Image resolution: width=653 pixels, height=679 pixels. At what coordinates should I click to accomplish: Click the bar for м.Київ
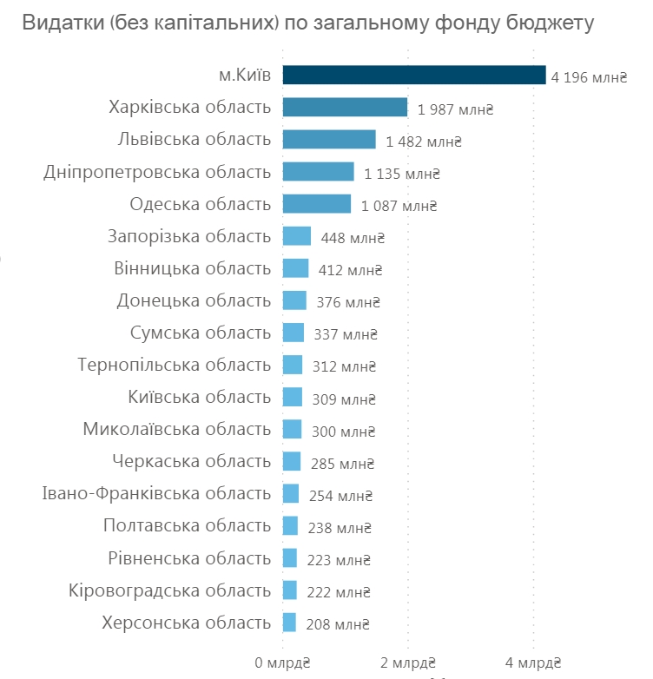pyautogui.click(x=413, y=76)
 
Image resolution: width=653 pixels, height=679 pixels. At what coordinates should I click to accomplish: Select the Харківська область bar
pyautogui.click(x=345, y=108)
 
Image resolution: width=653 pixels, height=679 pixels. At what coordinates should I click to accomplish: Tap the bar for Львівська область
pyautogui.click(x=329, y=140)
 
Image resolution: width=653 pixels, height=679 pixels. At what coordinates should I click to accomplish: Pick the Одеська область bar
pyautogui.click(x=317, y=204)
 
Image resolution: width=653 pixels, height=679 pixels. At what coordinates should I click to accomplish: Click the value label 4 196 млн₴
pyautogui.click(x=588, y=78)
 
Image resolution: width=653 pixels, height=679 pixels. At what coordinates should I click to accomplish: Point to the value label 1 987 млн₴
pyautogui.click(x=455, y=109)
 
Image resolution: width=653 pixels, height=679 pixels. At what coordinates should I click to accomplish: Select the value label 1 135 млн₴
pyautogui.click(x=402, y=174)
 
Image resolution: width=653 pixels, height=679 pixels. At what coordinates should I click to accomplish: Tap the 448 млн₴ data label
pyautogui.click(x=352, y=238)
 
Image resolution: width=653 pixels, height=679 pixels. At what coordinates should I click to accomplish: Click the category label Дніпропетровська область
pyautogui.click(x=157, y=172)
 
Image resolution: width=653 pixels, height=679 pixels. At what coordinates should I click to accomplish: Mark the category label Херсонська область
pyautogui.click(x=186, y=622)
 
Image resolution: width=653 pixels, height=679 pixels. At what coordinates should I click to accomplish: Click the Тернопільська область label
pyautogui.click(x=174, y=365)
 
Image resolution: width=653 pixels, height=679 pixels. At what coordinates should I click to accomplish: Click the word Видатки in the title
pyautogui.click(x=58, y=23)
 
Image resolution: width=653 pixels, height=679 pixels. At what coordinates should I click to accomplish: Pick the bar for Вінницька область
pyautogui.click(x=295, y=268)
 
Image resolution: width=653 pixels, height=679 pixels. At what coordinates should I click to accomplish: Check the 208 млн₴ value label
pyautogui.click(x=338, y=623)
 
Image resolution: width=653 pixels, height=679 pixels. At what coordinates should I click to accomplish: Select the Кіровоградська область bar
pyautogui.click(x=290, y=590)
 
